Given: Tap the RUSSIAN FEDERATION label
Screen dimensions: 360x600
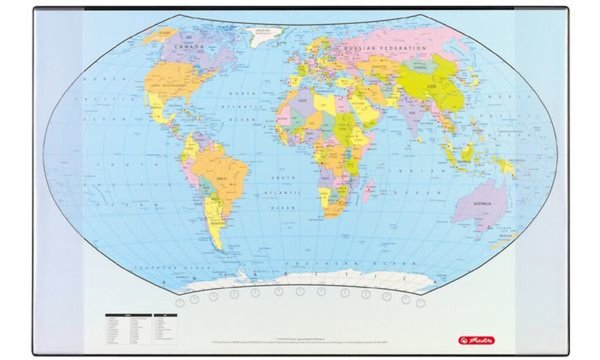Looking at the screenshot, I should pos(385,47).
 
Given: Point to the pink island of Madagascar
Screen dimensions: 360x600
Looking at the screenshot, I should pos(369,187).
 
